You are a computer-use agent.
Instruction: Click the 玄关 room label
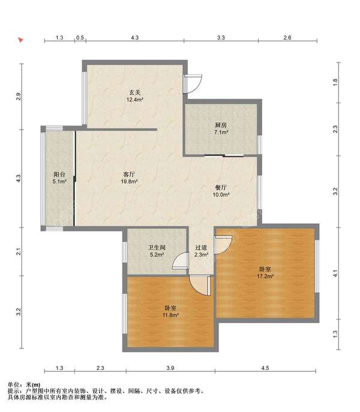(x=135, y=92)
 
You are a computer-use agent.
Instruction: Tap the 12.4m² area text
(x=135, y=100)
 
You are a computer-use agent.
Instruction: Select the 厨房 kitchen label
(x=221, y=125)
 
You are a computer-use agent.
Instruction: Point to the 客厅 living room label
(x=129, y=174)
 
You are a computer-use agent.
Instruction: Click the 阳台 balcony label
(x=59, y=174)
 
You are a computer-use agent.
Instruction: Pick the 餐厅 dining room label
(x=221, y=187)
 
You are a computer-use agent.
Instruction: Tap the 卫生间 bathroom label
(x=157, y=247)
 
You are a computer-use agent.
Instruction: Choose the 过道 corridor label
(x=201, y=247)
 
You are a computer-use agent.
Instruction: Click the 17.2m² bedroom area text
(x=265, y=276)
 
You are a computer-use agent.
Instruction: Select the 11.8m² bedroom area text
(x=170, y=315)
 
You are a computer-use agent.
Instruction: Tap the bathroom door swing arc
(x=181, y=261)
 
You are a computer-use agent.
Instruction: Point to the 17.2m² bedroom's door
(x=223, y=244)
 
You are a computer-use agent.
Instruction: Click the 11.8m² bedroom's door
(x=200, y=285)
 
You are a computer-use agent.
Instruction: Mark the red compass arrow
(x=21, y=40)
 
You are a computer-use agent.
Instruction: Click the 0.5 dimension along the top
(x=80, y=38)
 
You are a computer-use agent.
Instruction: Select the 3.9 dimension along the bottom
(x=170, y=368)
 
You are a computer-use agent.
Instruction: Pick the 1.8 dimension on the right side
(x=335, y=82)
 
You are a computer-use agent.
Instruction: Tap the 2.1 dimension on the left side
(x=19, y=252)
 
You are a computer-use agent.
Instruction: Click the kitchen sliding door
(x=224, y=156)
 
